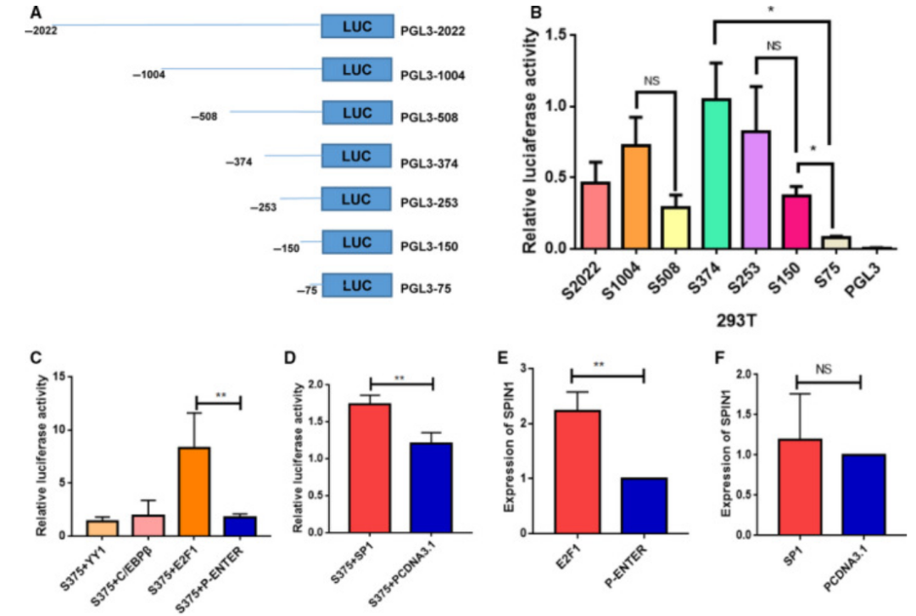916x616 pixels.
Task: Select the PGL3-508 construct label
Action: coord(429,118)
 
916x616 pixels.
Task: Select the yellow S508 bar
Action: coord(676,227)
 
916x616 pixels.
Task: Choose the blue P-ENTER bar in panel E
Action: coord(645,506)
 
